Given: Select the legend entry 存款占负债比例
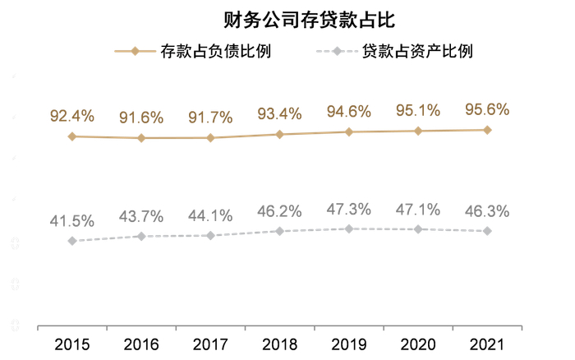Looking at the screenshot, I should click(x=192, y=52).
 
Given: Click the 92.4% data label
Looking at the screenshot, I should click(x=71, y=115).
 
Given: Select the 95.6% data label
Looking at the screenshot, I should click(x=487, y=109).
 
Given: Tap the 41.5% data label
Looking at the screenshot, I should click(x=71, y=221).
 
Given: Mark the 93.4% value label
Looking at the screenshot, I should click(x=279, y=113).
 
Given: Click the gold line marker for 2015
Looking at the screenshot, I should click(x=71, y=136).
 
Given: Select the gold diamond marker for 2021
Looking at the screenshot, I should click(x=487, y=130).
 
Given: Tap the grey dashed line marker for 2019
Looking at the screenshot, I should click(x=349, y=228).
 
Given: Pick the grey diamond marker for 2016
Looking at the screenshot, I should click(x=140, y=237).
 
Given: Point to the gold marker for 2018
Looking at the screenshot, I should click(x=279, y=134).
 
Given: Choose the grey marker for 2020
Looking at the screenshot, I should click(x=418, y=229).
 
